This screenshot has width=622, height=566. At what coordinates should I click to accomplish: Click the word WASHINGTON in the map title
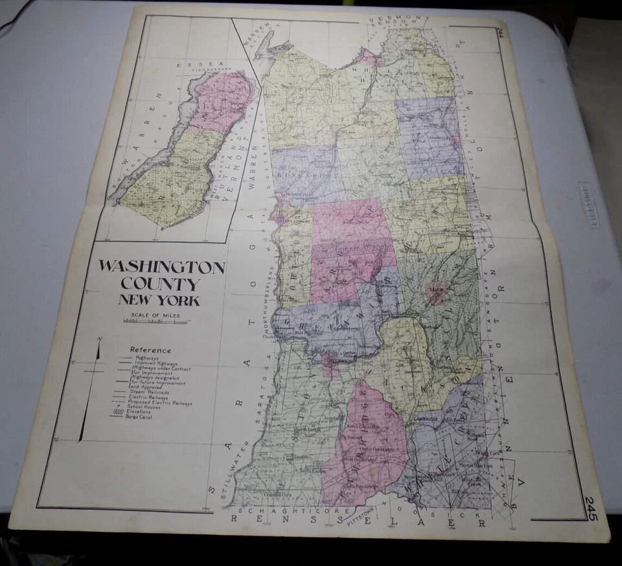(x=161, y=267)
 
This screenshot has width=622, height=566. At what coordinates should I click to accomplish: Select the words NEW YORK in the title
(x=159, y=300)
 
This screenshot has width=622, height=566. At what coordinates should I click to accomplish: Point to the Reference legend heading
(x=150, y=350)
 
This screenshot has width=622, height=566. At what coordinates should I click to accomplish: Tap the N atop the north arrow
(x=99, y=339)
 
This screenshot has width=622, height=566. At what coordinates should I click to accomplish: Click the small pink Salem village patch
(x=437, y=293)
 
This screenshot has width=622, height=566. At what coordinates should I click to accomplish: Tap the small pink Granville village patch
(x=456, y=141)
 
